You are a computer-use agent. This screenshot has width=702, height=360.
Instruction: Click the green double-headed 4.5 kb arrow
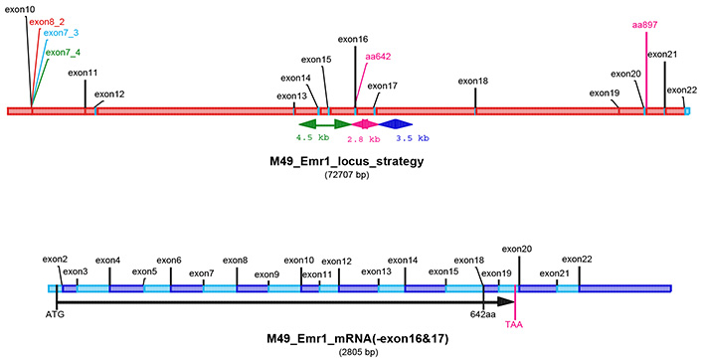324,124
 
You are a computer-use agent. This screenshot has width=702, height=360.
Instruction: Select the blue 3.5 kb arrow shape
396,124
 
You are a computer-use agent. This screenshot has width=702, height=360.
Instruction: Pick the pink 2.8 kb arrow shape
363,124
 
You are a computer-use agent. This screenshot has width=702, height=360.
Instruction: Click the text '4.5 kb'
312,138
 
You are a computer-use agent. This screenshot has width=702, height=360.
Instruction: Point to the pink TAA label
514,324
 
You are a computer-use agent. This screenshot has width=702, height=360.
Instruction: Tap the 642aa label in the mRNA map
483,313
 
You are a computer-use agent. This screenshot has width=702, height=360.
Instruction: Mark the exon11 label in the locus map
84,73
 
